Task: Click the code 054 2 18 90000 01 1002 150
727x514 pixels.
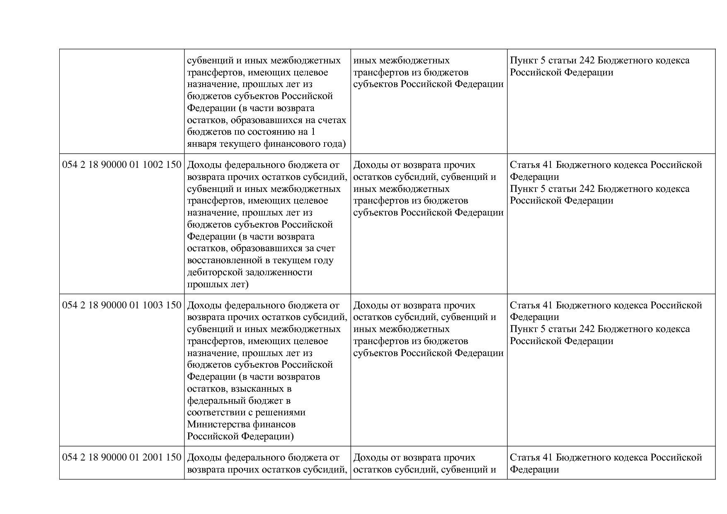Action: click(x=122, y=165)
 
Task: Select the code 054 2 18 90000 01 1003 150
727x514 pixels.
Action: click(x=122, y=305)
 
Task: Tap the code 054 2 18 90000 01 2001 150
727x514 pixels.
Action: click(x=122, y=458)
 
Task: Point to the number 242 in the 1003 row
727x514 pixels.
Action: click(x=587, y=330)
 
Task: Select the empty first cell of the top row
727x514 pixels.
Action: click(x=122, y=102)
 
